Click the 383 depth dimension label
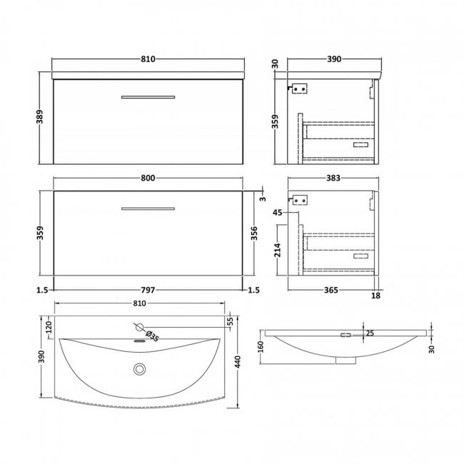pyautogui.click(x=333, y=178)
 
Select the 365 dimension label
pyautogui.click(x=330, y=290)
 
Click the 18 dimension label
pyautogui.click(x=375, y=295)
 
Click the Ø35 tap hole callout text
pyautogui.click(x=152, y=333)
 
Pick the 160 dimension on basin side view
pyautogui.click(x=261, y=347)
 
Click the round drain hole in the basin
pyautogui.click(x=139, y=368)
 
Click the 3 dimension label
pyautogui.click(x=261, y=197)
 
